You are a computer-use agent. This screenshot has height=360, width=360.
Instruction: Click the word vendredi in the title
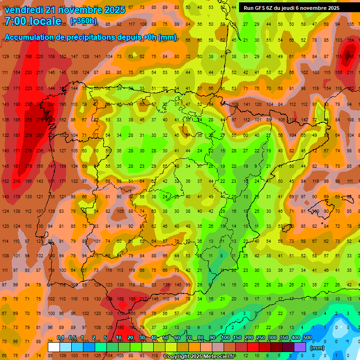point(24,10)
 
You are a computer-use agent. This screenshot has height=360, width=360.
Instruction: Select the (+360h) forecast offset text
point(84,21)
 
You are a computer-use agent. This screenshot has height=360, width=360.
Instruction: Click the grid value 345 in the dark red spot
point(350,56)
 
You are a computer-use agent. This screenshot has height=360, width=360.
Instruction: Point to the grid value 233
point(29,72)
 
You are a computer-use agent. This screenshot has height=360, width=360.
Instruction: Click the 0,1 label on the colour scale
point(60,337)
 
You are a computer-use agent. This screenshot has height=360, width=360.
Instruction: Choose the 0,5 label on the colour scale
point(72,337)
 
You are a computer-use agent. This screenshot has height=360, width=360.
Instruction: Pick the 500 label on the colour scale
point(307,337)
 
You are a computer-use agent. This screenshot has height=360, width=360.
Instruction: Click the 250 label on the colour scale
point(260,337)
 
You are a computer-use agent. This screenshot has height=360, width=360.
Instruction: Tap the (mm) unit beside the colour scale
point(317,348)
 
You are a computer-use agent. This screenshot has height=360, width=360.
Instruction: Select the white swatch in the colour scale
point(54,347)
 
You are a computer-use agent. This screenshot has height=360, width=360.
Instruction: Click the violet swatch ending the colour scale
point(300,347)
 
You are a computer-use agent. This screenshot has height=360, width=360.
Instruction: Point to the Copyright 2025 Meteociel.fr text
point(199,357)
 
